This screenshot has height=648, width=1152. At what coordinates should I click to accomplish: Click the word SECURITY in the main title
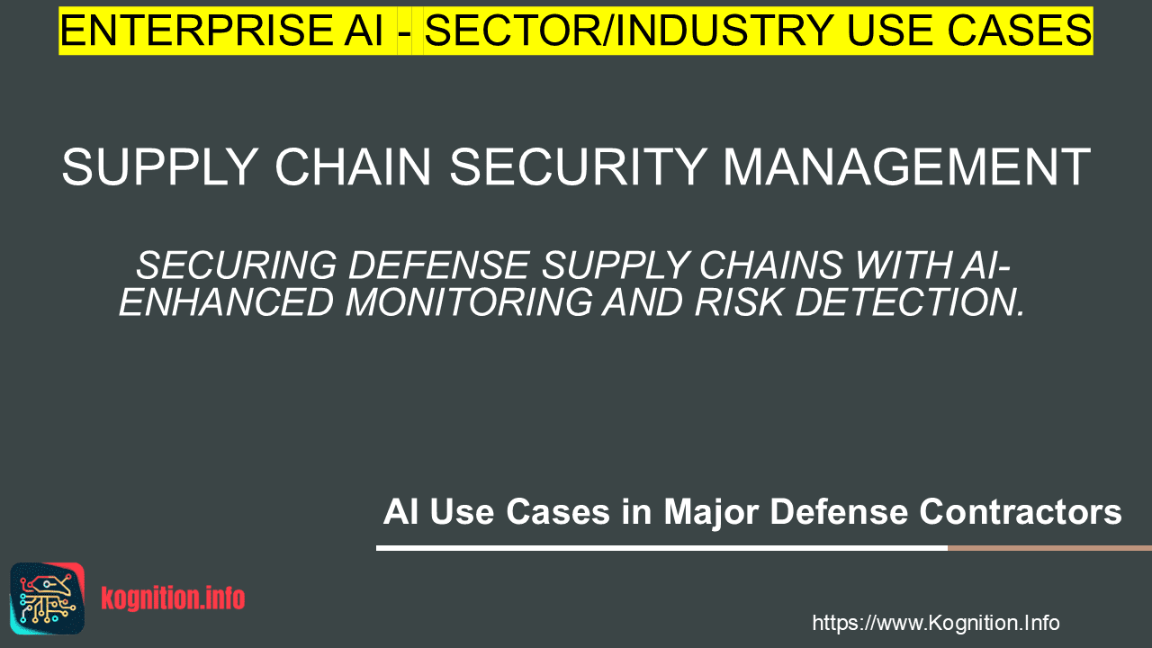tap(578, 166)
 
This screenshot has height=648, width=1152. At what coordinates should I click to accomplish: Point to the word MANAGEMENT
tap(906, 166)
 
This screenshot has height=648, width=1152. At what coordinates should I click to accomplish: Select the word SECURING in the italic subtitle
tap(236, 265)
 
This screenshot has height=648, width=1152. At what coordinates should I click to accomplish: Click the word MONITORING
tap(469, 301)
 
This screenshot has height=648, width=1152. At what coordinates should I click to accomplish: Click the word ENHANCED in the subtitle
tap(226, 301)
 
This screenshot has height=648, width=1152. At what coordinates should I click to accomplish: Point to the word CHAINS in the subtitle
tap(770, 265)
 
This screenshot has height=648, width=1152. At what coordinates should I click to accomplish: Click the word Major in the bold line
tap(711, 512)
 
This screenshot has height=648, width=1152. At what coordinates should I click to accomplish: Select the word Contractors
tap(1021, 511)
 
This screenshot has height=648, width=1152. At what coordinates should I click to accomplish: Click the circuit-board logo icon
tap(48, 598)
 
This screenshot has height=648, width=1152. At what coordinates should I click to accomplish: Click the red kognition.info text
tap(173, 598)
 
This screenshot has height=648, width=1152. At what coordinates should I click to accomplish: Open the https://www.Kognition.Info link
tap(935, 623)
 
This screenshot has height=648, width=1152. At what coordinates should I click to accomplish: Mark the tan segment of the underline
tap(1049, 548)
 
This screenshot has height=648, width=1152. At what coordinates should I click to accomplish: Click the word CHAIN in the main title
tap(353, 166)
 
